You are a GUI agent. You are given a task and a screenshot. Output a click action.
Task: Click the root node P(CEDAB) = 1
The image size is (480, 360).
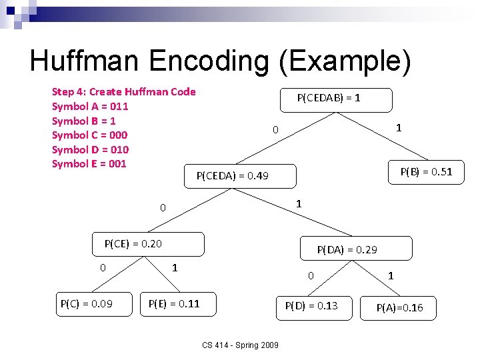329,98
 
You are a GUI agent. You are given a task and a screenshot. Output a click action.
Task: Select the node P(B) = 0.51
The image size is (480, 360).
426,172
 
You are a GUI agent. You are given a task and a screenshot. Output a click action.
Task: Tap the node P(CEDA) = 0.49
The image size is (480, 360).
233,176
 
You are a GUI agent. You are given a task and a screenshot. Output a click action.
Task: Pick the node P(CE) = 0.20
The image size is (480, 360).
133,243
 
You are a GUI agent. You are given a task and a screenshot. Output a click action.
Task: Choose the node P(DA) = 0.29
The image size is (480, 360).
347,249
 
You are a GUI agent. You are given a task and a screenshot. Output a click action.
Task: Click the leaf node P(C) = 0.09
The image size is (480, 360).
87,305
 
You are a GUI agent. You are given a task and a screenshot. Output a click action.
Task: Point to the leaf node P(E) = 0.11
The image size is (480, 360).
174,305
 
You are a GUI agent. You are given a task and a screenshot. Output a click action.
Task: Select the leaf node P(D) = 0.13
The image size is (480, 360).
311,306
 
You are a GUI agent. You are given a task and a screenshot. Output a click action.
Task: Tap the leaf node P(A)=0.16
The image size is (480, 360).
399,307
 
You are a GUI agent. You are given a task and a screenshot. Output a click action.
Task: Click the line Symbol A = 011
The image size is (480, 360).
90,107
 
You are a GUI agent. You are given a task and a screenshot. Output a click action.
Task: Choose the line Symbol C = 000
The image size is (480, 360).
90,135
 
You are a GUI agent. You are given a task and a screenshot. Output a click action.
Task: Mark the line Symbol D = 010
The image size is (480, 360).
90,149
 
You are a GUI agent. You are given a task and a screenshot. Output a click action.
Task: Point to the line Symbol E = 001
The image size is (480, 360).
89,164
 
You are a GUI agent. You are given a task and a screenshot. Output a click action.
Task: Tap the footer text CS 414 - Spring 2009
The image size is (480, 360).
241,345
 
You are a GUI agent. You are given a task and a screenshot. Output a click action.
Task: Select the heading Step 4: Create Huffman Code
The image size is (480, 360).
124,92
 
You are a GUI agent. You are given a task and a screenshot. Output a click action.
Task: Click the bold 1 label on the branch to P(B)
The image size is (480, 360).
398,127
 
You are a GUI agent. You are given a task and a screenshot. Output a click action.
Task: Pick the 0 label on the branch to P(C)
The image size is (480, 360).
103,268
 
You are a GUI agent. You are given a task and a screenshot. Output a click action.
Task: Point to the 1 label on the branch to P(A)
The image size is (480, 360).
391,275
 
